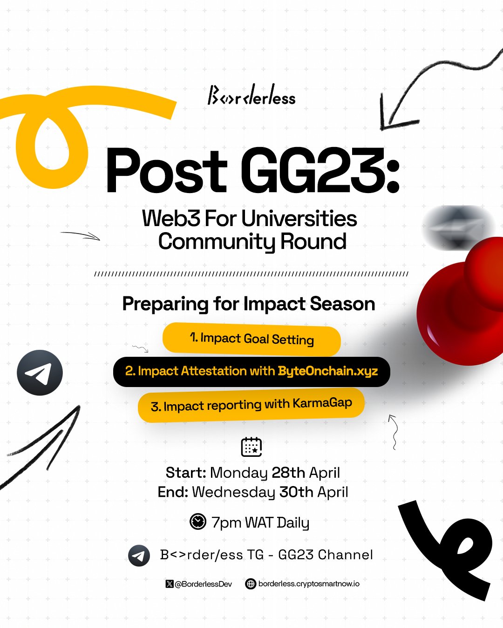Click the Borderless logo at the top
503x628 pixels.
coord(251,95)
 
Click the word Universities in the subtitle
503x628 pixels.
coord(299,219)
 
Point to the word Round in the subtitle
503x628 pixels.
coord(313,241)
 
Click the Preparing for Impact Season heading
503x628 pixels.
coord(249,304)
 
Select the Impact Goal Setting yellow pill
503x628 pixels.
coord(251,340)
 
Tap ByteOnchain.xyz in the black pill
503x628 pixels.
coord(327,371)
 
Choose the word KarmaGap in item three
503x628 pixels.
coord(322,403)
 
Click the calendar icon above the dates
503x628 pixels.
coord(251,447)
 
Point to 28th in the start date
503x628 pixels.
coord(288,473)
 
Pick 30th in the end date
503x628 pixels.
coord(296,492)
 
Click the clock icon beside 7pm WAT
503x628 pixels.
coord(198,521)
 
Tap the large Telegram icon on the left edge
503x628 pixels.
coord(40,373)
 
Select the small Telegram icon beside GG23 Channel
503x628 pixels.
coord(139,555)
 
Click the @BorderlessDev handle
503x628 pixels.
coord(204,584)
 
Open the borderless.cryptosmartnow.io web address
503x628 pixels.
coord(309,584)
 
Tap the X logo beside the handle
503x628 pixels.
coord(170,584)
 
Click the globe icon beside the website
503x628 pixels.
coord(251,584)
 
